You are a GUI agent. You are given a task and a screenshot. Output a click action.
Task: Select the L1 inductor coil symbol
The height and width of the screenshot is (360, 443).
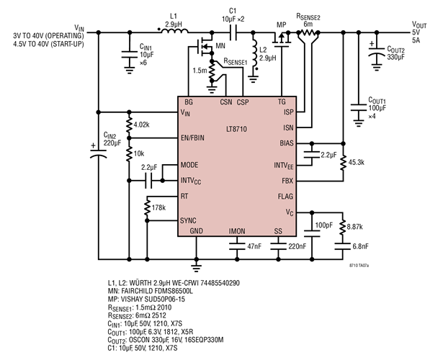point(171,32)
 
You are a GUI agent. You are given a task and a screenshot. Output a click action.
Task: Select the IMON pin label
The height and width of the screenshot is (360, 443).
point(236,230)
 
